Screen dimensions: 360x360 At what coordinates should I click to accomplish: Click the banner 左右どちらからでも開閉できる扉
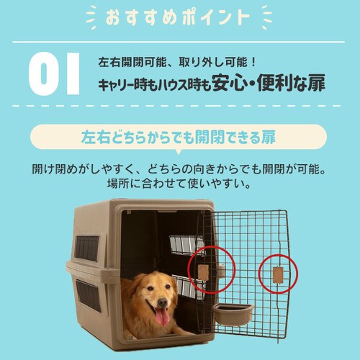tap(179, 136)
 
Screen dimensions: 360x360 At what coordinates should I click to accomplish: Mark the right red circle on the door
tap(278, 274)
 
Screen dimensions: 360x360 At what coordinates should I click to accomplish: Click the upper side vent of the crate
tap(88, 247)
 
